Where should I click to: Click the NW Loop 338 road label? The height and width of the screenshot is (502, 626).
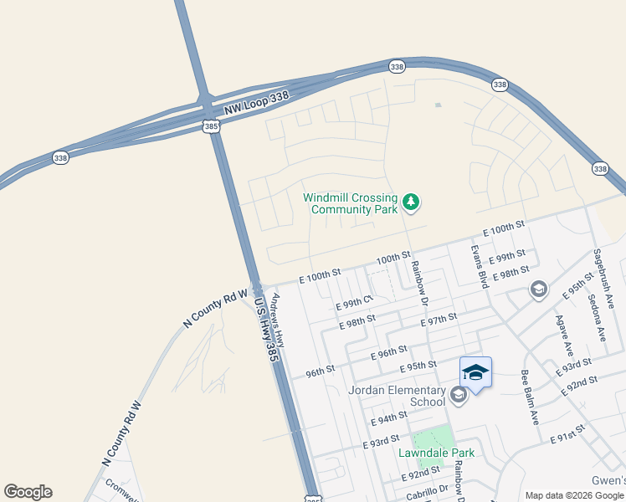coord(256,103)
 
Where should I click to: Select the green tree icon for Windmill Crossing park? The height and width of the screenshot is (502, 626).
coord(410,201)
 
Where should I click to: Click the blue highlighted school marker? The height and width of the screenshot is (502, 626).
coord(475,372)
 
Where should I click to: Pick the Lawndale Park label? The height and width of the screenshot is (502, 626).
coord(436,453)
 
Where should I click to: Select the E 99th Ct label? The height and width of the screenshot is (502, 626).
coord(353,303)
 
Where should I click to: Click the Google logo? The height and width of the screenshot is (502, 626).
coord(28,492)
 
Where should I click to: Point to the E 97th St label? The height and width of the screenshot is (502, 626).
coord(439,318)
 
